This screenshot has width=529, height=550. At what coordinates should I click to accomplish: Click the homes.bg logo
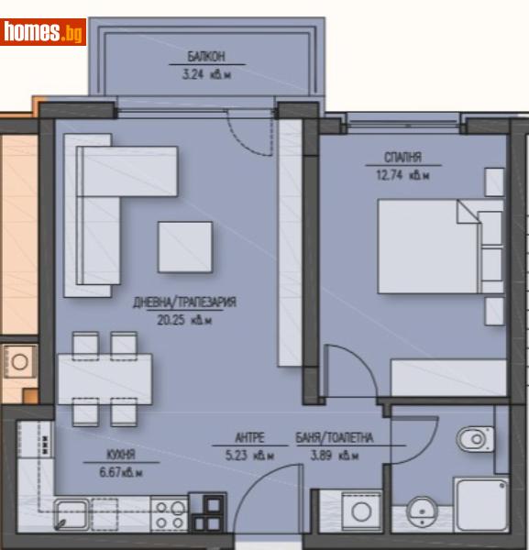tap(44, 33)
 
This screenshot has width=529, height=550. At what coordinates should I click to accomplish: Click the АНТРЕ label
tap(250, 437)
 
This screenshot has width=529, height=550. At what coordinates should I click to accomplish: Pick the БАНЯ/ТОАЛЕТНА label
tap(327, 437)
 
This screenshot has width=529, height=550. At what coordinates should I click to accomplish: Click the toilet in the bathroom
tap(476, 439)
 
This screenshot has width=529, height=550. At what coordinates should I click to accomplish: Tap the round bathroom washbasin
tap(424, 510)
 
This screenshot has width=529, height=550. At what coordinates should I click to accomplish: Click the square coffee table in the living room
tap(184, 247)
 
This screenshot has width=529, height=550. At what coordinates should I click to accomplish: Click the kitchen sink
tap(73, 513)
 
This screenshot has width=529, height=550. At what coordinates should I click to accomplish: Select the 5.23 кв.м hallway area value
tap(250, 454)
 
